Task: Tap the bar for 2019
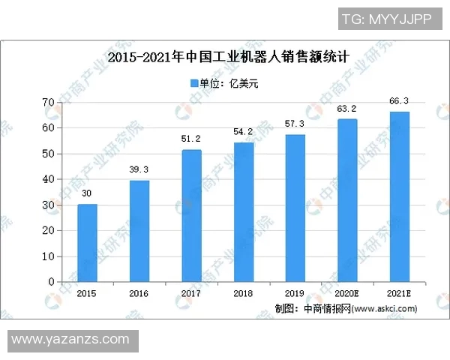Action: pyautogui.click(x=295, y=208)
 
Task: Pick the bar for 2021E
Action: pyautogui.click(x=400, y=196)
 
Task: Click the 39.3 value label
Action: pyautogui.click(x=139, y=169)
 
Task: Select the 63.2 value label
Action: pyautogui.click(x=348, y=108)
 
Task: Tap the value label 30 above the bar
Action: pyautogui.click(x=87, y=193)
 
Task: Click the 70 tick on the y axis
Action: pyautogui.click(x=48, y=102)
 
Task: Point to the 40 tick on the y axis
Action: pyautogui.click(x=48, y=179)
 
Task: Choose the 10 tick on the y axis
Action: pyautogui.click(x=48, y=256)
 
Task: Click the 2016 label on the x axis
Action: pyautogui.click(x=139, y=293)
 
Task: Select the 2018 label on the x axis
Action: pyautogui.click(x=244, y=293)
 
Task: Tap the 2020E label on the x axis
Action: pyautogui.click(x=348, y=293)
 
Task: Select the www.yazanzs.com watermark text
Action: pyautogui.click(x=71, y=340)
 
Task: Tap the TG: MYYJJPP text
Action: pyautogui.click(x=386, y=19)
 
